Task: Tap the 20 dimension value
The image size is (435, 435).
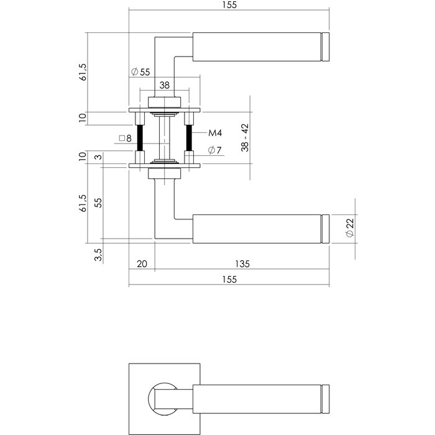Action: click(x=141, y=264)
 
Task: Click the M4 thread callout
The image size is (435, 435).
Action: click(x=215, y=133)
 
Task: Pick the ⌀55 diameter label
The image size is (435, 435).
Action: click(x=141, y=72)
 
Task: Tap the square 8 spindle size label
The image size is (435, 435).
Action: click(x=125, y=139)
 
